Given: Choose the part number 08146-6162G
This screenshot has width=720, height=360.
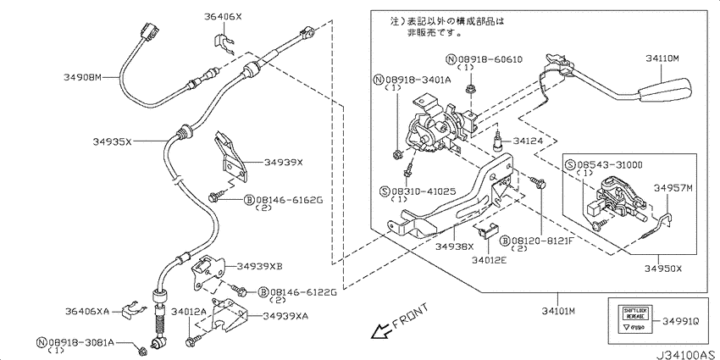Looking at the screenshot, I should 288,200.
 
